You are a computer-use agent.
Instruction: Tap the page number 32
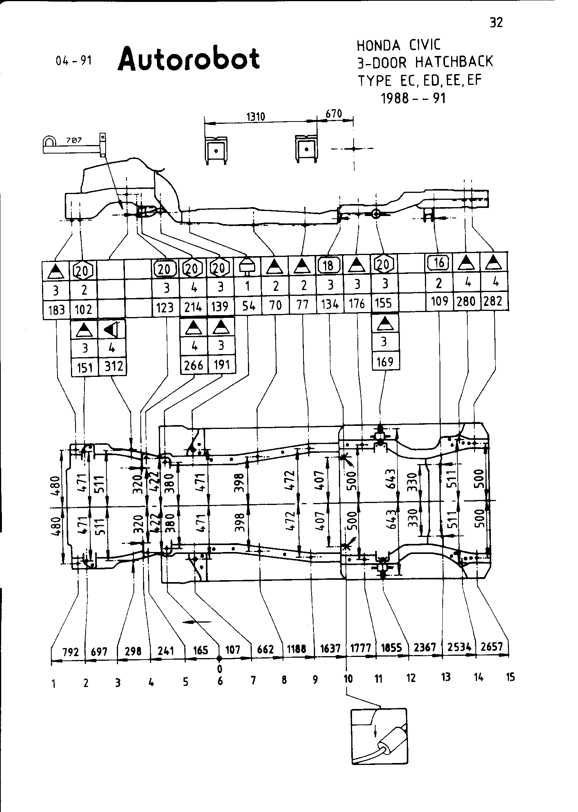pyautogui.click(x=496, y=23)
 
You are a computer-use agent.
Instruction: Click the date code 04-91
pyautogui.click(x=74, y=61)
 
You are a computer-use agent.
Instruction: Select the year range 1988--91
pyautogui.click(x=413, y=98)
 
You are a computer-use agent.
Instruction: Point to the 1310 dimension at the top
pyautogui.click(x=256, y=116)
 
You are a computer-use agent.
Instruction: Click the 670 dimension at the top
pyautogui.click(x=334, y=114)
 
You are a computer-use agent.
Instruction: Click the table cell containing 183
pyautogui.click(x=56, y=309)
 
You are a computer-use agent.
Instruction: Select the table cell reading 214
pyautogui.click(x=193, y=307)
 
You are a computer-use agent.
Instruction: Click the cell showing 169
pyautogui.click(x=384, y=362)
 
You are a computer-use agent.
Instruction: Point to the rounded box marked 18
pyautogui.click(x=329, y=265)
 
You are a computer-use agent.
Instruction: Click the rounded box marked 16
pyautogui.click(x=438, y=263)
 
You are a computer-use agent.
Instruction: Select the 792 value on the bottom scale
pyautogui.click(x=71, y=652)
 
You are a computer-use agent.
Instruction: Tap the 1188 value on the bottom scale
pyautogui.click(x=297, y=649)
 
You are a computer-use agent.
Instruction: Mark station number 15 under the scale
pyautogui.click(x=510, y=677)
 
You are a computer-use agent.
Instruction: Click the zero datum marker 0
pyautogui.click(x=220, y=668)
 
